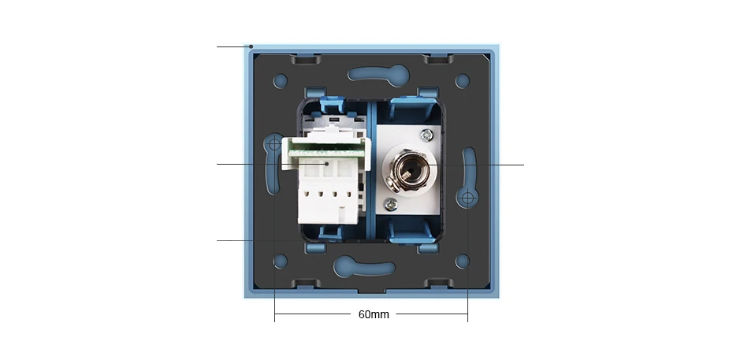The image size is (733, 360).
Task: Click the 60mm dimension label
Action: (374, 314)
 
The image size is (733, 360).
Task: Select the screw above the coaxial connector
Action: (426, 135)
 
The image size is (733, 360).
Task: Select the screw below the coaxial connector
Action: (389, 203)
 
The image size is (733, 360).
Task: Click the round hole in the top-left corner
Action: (281, 80)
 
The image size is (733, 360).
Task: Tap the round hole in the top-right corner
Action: (463, 80)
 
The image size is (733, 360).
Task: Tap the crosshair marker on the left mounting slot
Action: (274, 144)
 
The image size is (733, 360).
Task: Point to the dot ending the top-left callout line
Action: (251, 47)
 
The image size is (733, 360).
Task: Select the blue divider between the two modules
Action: (370, 169)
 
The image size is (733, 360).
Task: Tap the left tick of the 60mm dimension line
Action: (274, 314)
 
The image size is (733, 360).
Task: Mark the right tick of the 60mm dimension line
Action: (467, 314)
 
